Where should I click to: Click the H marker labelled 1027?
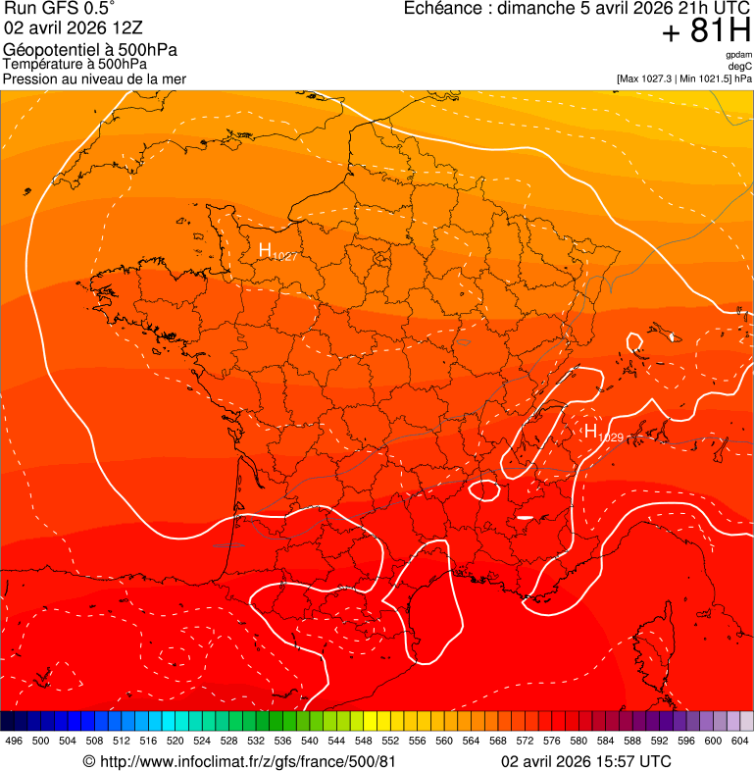[265, 250]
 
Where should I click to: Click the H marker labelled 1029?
[591, 431]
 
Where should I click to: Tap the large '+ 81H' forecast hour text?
[705, 31]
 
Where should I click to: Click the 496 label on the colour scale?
[14, 742]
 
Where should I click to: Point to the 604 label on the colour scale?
[739, 742]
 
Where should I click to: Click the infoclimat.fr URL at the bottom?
[239, 761]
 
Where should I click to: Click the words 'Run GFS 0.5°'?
[59, 9]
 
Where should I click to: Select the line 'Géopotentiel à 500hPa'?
[90, 50]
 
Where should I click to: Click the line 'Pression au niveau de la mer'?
[94, 78]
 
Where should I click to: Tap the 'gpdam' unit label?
[738, 55]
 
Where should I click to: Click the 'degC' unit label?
[741, 66]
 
